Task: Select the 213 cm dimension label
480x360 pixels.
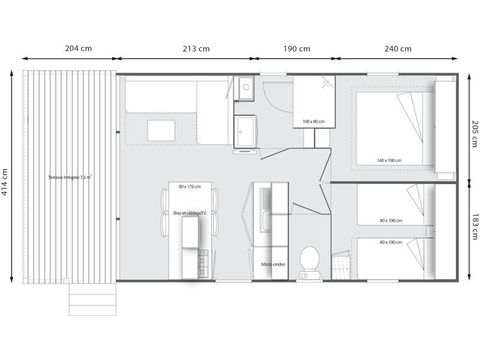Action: (x=197, y=49)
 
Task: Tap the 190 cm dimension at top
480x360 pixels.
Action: (x=297, y=49)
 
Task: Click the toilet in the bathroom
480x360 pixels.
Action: (x=311, y=259)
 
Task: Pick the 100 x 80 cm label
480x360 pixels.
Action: (x=311, y=122)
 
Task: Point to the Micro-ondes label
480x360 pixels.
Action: (x=274, y=264)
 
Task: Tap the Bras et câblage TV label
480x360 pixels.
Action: (x=188, y=213)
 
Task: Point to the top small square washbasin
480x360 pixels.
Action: (x=243, y=88)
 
